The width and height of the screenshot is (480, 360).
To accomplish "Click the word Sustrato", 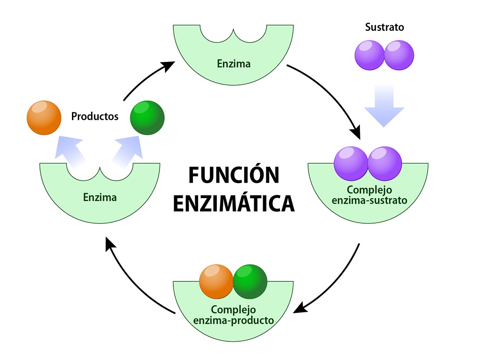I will click(384, 27).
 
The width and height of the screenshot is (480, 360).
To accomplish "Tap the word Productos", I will click(95, 117).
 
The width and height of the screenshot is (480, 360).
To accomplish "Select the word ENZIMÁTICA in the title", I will click(233, 203).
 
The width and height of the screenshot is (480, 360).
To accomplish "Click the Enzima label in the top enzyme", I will click(234, 64).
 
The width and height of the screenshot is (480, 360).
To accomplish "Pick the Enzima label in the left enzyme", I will click(100, 197).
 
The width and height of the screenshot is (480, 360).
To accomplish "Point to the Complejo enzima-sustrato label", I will click(369, 195).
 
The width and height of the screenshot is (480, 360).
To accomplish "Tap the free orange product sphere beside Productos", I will click(44, 117).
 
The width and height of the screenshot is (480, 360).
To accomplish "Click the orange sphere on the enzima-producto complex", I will click(216, 281).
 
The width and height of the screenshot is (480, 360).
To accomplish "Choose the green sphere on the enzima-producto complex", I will click(250, 281).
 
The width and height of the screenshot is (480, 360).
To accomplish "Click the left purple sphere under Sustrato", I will click(369, 55).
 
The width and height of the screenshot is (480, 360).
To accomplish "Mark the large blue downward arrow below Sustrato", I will click(384, 104).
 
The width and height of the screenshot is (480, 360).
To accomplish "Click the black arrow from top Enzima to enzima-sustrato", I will click(333, 98).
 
